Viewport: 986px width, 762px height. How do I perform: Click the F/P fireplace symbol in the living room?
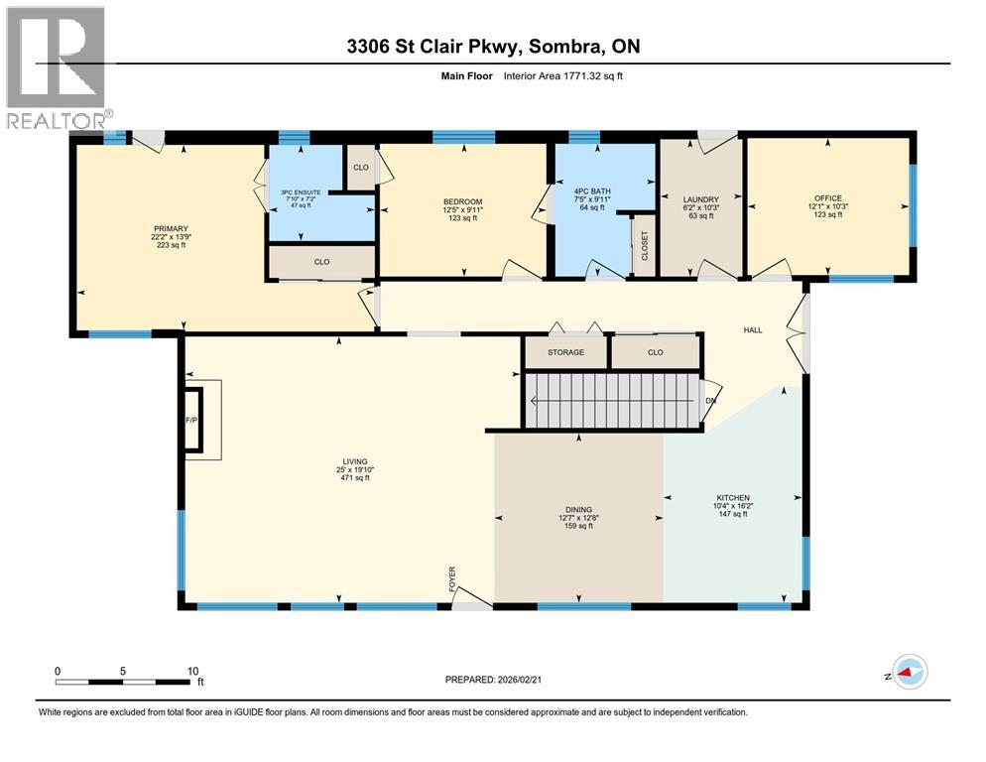[x=192, y=420]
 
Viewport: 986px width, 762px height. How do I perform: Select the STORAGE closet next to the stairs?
[x=564, y=352]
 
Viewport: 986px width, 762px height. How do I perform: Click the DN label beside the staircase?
[x=709, y=401]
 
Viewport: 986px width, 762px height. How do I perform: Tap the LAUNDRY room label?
[x=700, y=199]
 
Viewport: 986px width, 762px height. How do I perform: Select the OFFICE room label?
[x=827, y=198]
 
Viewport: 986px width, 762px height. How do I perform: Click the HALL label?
[x=753, y=329]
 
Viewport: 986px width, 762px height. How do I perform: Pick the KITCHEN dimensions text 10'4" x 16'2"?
[x=734, y=507]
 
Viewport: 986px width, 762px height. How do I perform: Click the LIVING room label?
[x=355, y=461]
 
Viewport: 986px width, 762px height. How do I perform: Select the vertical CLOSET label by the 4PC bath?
[x=644, y=244]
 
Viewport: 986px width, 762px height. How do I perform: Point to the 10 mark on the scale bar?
[x=193, y=671]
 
